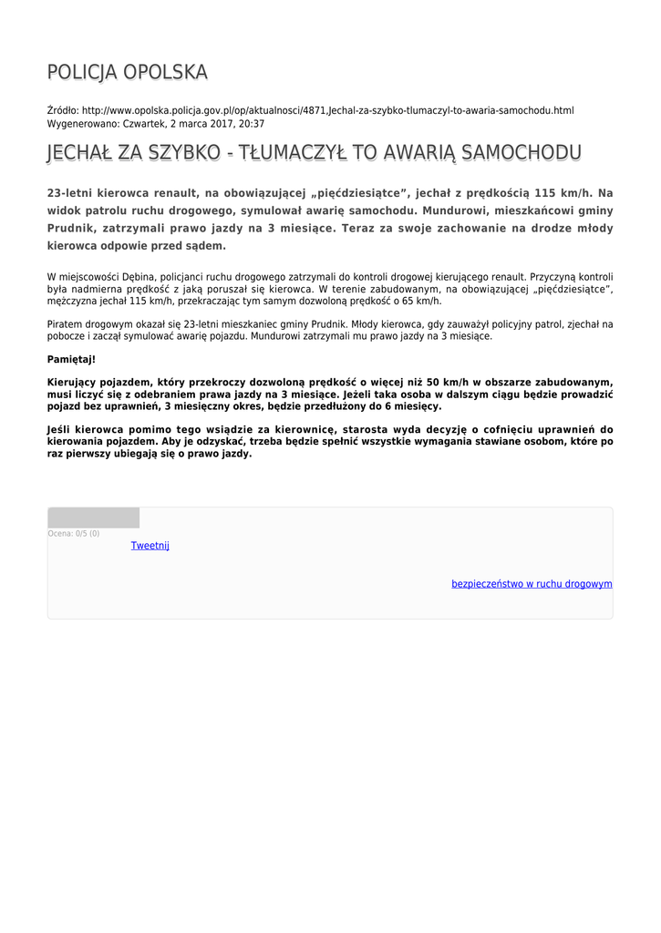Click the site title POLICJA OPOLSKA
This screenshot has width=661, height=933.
tap(127, 72)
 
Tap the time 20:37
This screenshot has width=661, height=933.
tap(251, 123)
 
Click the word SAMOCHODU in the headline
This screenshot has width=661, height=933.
tap(522, 153)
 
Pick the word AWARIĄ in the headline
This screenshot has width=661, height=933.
tap(418, 153)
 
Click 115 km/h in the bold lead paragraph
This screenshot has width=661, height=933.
tap(559, 193)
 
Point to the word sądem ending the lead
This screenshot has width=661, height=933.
tap(201, 246)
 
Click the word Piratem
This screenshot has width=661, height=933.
tap(66, 324)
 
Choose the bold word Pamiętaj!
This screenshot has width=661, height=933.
tap(71, 359)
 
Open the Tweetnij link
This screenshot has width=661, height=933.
tap(150, 546)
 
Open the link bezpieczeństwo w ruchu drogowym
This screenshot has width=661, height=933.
tap(532, 584)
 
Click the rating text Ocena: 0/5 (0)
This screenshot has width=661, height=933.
tap(74, 534)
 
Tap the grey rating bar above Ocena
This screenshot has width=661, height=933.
tap(93, 518)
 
